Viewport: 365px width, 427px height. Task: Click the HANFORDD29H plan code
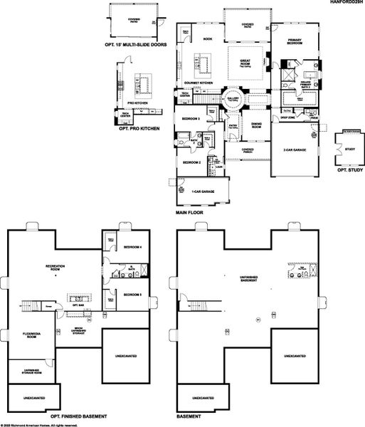click(x=345, y=4)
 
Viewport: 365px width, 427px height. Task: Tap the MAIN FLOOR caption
click(x=191, y=213)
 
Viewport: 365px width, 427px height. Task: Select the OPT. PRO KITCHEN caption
click(x=139, y=128)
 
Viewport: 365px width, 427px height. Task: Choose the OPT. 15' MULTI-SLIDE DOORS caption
click(x=134, y=43)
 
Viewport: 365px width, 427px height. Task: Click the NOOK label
click(x=208, y=39)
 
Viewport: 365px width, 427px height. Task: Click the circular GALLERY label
click(x=233, y=99)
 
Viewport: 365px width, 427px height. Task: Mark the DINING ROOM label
click(x=255, y=125)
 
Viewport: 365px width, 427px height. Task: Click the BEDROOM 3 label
click(x=189, y=119)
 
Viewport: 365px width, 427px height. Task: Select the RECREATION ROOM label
click(x=55, y=267)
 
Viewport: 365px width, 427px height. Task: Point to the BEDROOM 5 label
click(x=132, y=294)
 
